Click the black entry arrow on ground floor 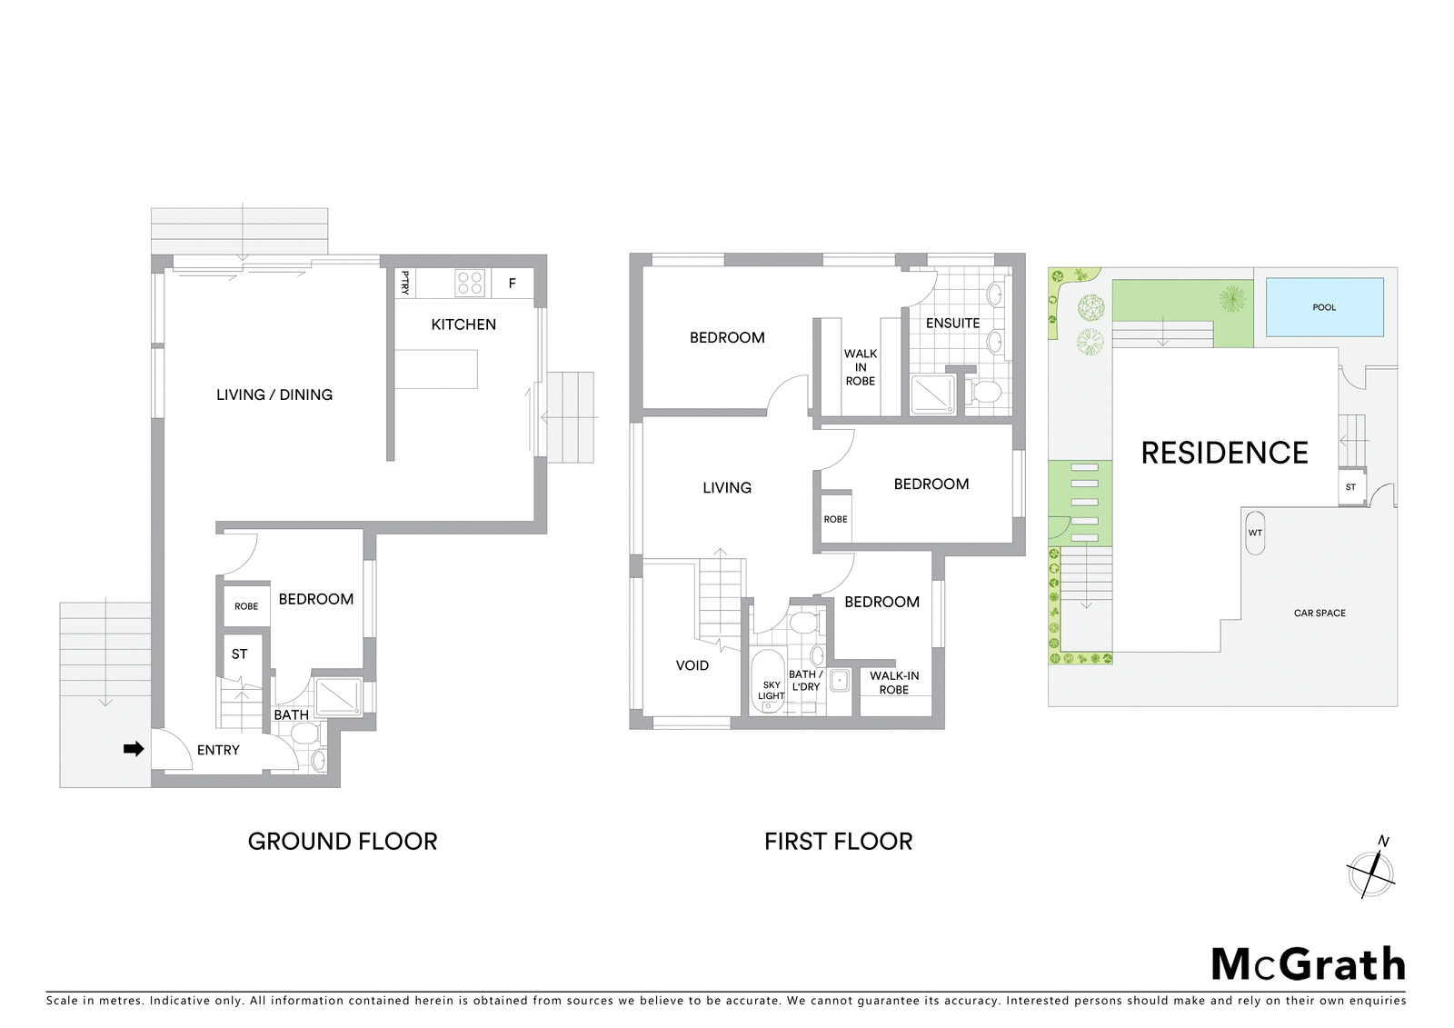[134, 749]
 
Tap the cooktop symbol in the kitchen [469, 284]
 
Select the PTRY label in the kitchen [405, 284]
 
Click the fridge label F [513, 284]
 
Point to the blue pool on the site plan [1325, 307]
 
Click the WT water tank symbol [1255, 533]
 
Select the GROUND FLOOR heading [343, 842]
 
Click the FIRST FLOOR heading [838, 842]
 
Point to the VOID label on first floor [692, 665]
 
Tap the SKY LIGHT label [772, 690]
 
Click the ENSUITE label [953, 323]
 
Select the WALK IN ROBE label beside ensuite [860, 367]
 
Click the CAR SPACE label [1320, 613]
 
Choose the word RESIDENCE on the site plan [1224, 453]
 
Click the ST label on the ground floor [240, 654]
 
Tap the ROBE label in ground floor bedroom [246, 606]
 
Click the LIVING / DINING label [274, 394]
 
